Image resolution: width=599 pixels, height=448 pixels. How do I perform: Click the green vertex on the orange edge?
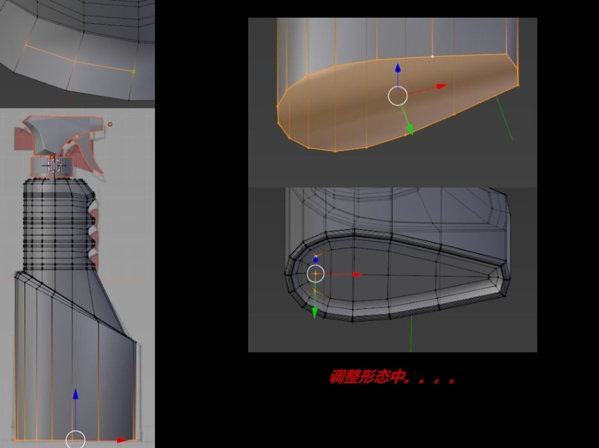pyautogui.click(x=133, y=71)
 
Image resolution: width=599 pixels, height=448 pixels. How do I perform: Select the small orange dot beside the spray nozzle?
pyautogui.click(x=110, y=124)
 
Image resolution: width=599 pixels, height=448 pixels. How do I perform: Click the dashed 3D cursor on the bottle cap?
pyautogui.click(x=55, y=166)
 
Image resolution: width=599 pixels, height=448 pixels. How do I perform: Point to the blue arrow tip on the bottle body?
pyautogui.click(x=76, y=393)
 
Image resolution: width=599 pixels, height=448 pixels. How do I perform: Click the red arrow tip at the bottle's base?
pyautogui.click(x=122, y=441)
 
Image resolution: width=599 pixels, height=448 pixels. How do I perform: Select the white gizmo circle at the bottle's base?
pyautogui.click(x=75, y=439)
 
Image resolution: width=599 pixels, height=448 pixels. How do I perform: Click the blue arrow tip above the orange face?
pyautogui.click(x=398, y=68)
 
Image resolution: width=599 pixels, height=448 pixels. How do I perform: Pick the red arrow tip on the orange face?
pyautogui.click(x=442, y=87)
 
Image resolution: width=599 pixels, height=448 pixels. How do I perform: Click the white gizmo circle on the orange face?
pyautogui.click(x=398, y=95)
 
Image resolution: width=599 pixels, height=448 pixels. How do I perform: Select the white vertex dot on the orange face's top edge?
pyautogui.click(x=433, y=57)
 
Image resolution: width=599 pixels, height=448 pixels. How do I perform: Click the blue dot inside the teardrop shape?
pyautogui.click(x=315, y=260)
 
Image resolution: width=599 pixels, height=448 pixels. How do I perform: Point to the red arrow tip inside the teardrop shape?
pyautogui.click(x=357, y=274)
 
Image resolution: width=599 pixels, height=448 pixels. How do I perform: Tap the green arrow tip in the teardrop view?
pyautogui.click(x=315, y=313)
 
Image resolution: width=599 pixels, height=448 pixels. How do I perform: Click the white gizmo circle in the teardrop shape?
pyautogui.click(x=315, y=274)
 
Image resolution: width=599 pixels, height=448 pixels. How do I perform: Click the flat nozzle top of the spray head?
pyautogui.click(x=63, y=123)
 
